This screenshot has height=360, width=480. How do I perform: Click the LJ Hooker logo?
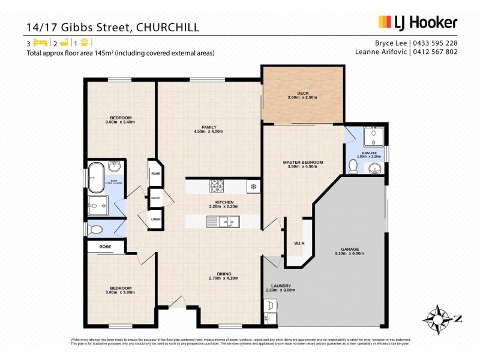(x=418, y=23)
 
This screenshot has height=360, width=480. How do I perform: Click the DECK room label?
(x=302, y=93)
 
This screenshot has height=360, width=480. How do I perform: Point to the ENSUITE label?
(x=365, y=153)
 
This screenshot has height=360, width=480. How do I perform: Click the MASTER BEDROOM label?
(x=303, y=162)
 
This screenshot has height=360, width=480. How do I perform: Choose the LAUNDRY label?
(x=281, y=286)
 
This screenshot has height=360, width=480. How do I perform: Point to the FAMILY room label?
(x=209, y=127)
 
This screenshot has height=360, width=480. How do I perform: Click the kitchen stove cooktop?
(x=216, y=186)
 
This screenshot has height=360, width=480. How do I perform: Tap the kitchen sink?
(x=228, y=223)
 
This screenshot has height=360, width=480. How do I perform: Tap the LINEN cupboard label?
(x=155, y=220)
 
